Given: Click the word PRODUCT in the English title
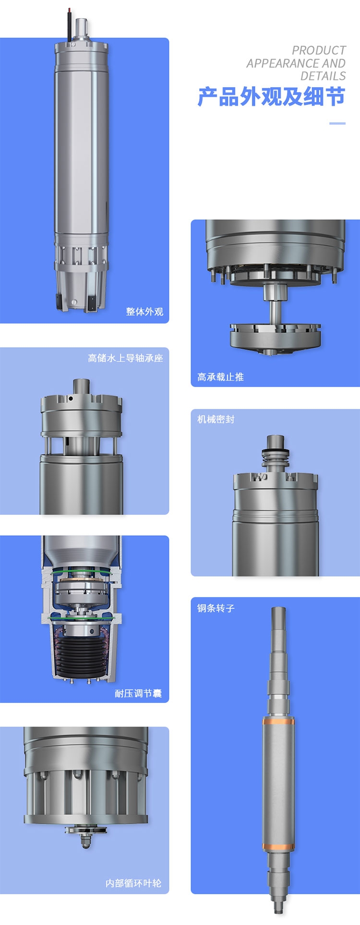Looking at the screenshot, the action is point(319,50).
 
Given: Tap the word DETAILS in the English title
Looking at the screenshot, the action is point(323,76).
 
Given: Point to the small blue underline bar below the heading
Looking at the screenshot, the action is point(337,123).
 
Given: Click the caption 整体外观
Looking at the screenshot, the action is point(144,312).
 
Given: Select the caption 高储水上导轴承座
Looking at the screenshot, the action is point(125,358).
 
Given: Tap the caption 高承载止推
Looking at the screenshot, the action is point(220,377).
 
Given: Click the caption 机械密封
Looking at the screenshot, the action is point(216,419).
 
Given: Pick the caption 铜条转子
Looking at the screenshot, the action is point(216,608).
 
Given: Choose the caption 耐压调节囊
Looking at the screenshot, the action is point(138,694).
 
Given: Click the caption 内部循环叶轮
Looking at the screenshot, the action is point(133,883).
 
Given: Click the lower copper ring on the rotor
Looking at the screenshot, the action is point(278,847).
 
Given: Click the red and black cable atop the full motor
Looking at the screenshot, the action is point(70,24).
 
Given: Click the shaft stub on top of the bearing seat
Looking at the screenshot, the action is point(81,387).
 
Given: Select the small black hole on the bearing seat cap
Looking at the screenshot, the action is point(71,398).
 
